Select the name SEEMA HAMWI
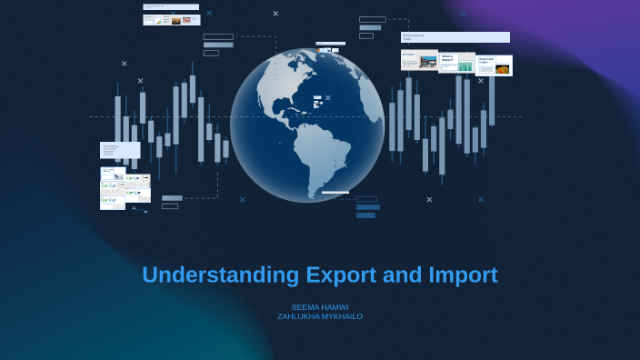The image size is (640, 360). tap(320, 307)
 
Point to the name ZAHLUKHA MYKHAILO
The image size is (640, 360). tap(320, 316)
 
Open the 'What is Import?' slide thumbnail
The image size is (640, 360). tap(456, 62)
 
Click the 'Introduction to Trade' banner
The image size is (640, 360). tap(455, 37)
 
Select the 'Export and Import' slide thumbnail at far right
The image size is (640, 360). tap(494, 65)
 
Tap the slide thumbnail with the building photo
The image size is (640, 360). tap(419, 61)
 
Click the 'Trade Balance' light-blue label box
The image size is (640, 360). tap(119, 150)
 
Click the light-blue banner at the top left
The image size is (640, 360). tap(170, 7)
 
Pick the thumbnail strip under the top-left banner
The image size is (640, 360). tap(171, 19)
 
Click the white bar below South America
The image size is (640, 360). tap(335, 193)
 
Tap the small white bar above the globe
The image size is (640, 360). tap(330, 43)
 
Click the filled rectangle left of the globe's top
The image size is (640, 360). tap(218, 45)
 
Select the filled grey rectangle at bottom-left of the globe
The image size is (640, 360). tap(172, 198)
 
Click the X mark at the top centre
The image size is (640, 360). tap(275, 14)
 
